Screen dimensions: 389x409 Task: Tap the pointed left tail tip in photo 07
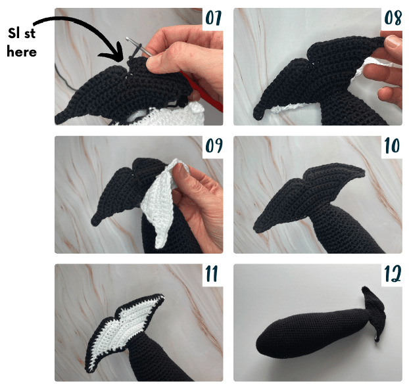tap(60, 118)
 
